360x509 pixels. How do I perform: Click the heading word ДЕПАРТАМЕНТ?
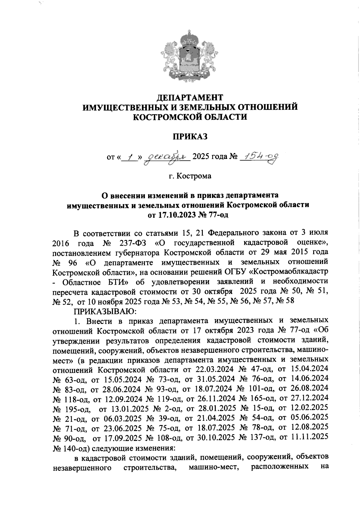(190, 97)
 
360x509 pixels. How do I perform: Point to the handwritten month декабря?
(166, 156)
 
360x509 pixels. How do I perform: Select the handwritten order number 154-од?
(260, 155)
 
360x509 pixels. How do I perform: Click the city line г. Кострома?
(190, 176)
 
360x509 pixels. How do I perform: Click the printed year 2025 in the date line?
(201, 156)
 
